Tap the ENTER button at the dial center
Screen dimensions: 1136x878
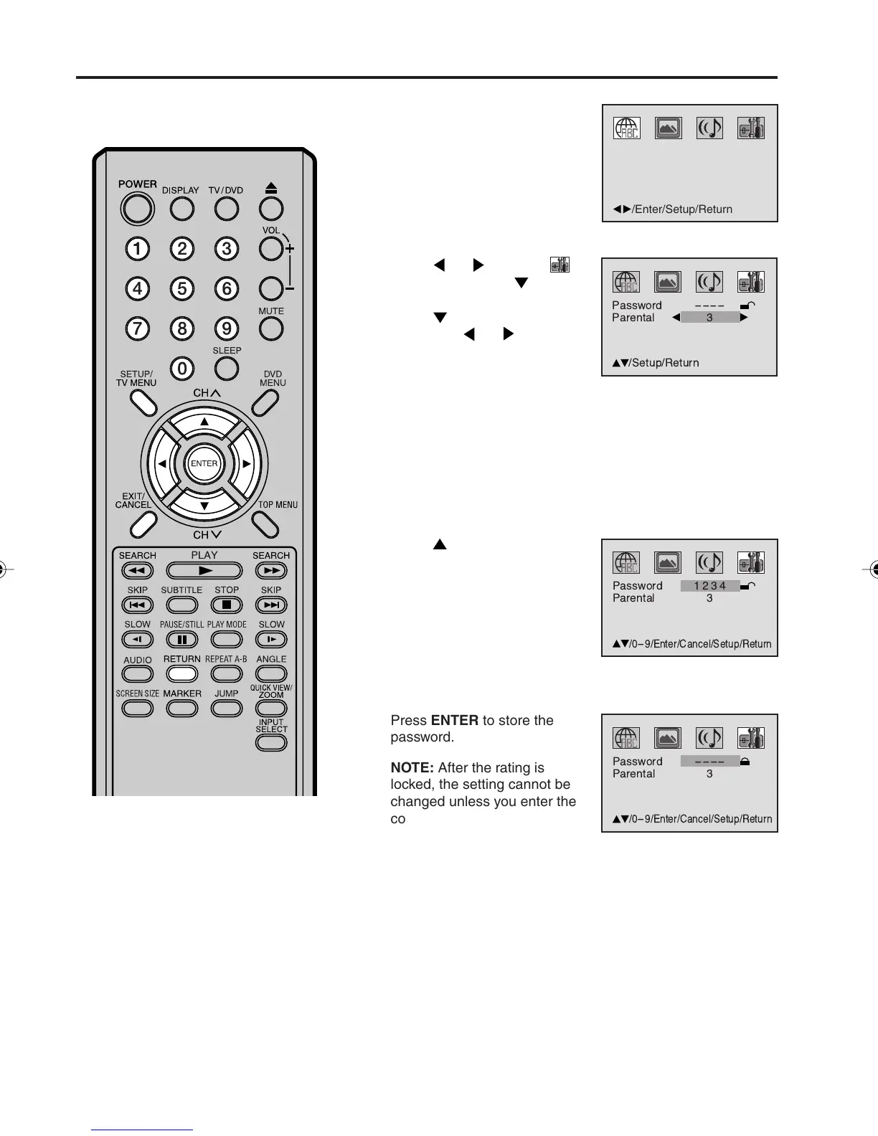coord(204,463)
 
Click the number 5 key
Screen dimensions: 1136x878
coord(182,289)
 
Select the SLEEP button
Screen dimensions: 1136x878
coord(227,369)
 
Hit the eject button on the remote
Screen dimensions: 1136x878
coord(270,209)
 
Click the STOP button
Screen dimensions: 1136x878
coord(227,605)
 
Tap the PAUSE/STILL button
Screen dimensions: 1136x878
coord(182,640)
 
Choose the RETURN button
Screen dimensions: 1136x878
coord(182,674)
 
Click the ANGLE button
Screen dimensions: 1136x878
coord(271,674)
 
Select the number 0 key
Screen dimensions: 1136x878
coord(182,369)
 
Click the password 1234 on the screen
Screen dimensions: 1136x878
coord(709,586)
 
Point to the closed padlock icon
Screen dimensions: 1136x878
coord(745,762)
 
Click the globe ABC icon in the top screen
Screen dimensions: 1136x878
coord(626,128)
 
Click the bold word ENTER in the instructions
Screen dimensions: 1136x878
coord(455,721)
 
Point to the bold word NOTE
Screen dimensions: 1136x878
coord(412,768)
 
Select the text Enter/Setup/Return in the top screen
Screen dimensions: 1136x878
coord(683,209)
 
